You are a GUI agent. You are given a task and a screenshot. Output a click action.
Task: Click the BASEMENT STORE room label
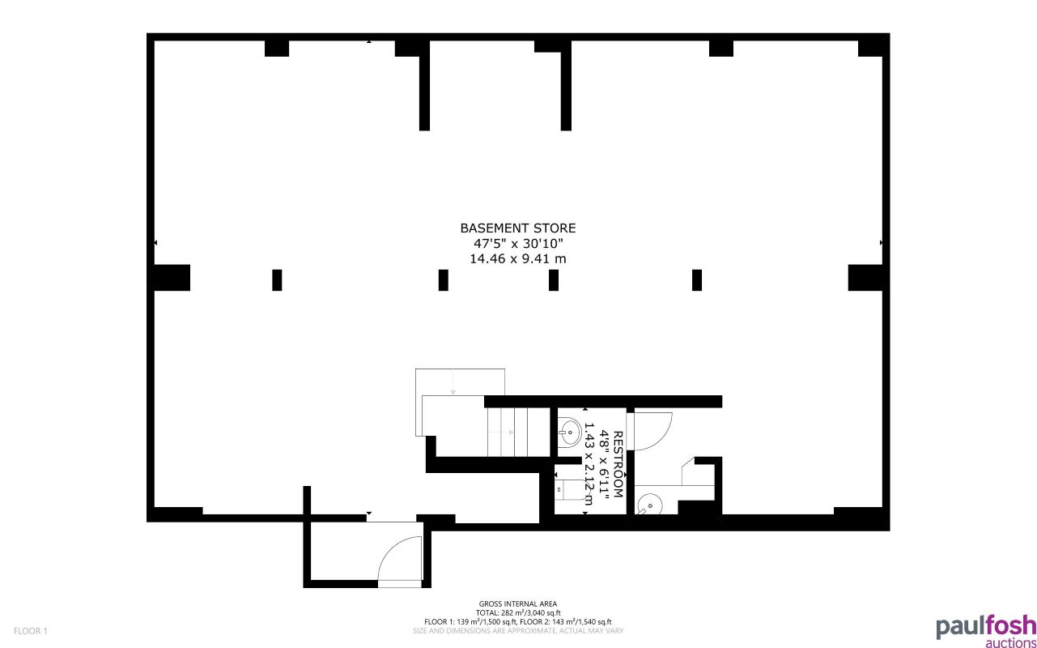coord(518,228)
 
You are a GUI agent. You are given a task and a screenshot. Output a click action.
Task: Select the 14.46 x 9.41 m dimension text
coord(518,259)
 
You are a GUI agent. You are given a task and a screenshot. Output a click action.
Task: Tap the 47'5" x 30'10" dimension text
coord(518,244)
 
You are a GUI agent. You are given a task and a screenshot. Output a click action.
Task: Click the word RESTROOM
coord(618,463)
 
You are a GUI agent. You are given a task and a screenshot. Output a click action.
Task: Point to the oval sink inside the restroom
coord(569,432)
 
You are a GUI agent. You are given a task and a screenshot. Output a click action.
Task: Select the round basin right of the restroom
coord(649,506)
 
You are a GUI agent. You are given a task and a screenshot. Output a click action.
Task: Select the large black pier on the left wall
coord(170,278)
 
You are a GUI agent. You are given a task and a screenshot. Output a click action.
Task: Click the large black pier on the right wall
coord(866,278)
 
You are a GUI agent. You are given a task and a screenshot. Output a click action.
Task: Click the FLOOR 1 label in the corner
coord(32,631)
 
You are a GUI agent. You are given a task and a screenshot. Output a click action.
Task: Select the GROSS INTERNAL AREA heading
coord(518,604)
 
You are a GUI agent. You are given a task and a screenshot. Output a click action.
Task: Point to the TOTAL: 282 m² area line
coord(518,613)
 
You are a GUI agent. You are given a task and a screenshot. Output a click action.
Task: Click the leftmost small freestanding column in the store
coord(277,279)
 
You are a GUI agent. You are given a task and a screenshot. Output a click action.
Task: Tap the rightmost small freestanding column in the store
coord(697,279)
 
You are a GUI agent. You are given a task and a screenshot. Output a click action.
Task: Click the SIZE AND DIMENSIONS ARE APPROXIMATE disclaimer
coord(518,630)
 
